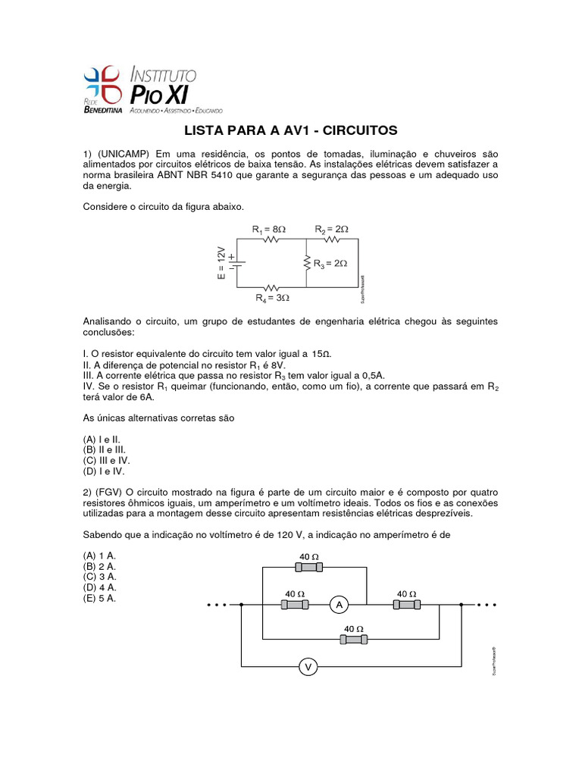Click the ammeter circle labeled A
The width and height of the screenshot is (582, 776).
click(x=339, y=604)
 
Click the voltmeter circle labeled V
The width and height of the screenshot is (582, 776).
click(x=308, y=667)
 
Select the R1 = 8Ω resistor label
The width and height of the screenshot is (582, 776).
click(x=269, y=228)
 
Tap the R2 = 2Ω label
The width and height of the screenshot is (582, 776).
click(x=332, y=228)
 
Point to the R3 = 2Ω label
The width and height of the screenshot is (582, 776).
click(x=330, y=263)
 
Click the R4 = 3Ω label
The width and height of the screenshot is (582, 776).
click(x=272, y=298)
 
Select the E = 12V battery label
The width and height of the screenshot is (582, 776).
click(x=221, y=263)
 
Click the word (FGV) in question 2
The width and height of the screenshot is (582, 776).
click(x=112, y=492)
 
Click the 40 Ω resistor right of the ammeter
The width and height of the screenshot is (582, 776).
click(x=408, y=604)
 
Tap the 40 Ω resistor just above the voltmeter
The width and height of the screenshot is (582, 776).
click(x=354, y=640)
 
